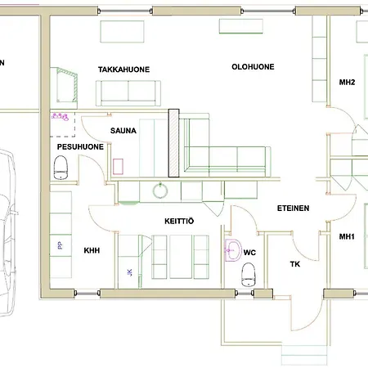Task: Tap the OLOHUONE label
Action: click(x=253, y=67)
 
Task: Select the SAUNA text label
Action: click(x=124, y=130)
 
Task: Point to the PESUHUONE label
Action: click(x=79, y=146)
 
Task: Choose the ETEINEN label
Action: click(x=293, y=209)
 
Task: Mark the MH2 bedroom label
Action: click(x=348, y=83)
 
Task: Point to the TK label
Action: click(x=295, y=264)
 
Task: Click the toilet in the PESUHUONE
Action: click(x=60, y=168)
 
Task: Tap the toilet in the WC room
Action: click(x=249, y=274)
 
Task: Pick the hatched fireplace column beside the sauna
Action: click(x=173, y=143)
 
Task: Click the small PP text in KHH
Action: click(x=59, y=245)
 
